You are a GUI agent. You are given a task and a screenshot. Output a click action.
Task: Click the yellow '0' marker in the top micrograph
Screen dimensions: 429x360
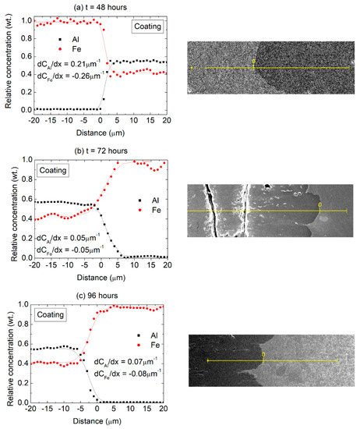point(253,62)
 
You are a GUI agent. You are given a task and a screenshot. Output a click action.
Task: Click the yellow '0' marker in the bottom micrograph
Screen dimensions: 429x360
point(264,355)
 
